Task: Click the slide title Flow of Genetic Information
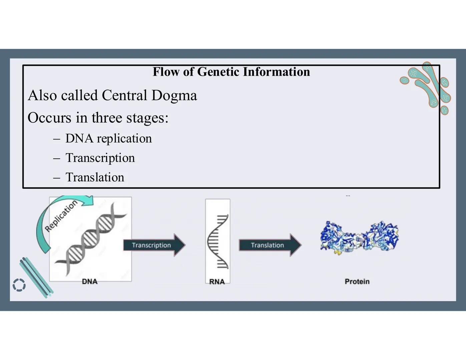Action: pyautogui.click(x=231, y=72)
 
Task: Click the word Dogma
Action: pyautogui.click(x=174, y=95)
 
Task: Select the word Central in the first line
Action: pyautogui.click(x=124, y=95)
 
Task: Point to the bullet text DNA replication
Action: pyautogui.click(x=108, y=138)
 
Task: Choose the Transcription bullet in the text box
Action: pyautogui.click(x=100, y=158)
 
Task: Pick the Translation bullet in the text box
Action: pyautogui.click(x=95, y=177)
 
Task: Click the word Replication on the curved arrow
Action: pyautogui.click(x=61, y=216)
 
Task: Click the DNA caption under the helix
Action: pyautogui.click(x=90, y=282)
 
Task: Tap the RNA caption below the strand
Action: pyautogui.click(x=217, y=282)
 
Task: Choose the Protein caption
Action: pyautogui.click(x=357, y=282)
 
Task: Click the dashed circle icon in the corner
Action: pyautogui.click(x=19, y=285)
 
